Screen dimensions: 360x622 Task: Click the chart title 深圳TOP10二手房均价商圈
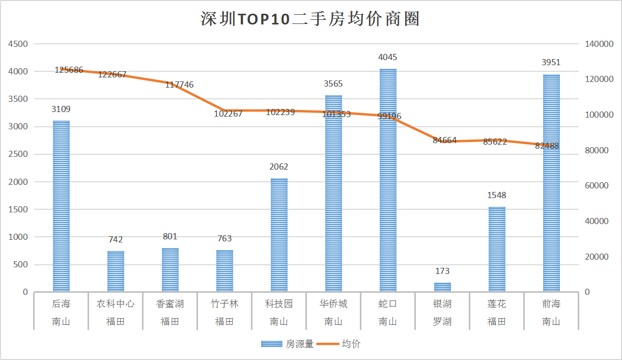[310, 19]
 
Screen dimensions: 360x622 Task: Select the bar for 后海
[61, 206]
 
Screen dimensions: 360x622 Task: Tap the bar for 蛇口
[388, 180]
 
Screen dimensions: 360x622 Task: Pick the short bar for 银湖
[442, 287]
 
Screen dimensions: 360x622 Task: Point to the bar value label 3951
[551, 63]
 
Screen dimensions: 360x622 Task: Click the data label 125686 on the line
[69, 70]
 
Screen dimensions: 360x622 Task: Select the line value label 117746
[179, 85]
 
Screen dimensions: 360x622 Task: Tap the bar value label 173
[442, 271]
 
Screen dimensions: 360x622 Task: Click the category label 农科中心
[116, 304]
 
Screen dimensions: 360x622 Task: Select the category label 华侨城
[333, 304]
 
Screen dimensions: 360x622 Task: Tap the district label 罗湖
[442, 321]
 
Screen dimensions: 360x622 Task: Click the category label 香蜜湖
[170, 304]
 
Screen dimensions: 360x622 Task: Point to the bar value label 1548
[497, 196]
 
